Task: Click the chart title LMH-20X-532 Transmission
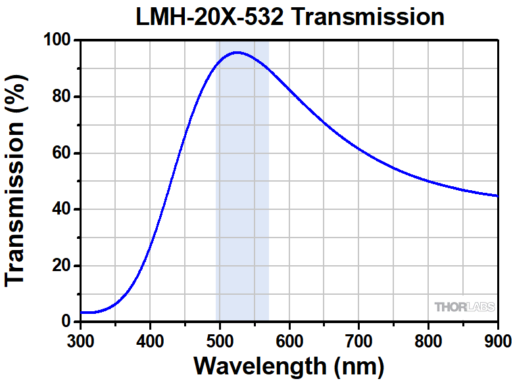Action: (x=289, y=16)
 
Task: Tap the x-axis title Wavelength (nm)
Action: (x=289, y=365)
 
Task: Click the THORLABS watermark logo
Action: (x=464, y=307)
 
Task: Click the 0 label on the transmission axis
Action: (x=66, y=322)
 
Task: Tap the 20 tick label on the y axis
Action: (x=61, y=266)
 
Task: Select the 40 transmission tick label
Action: (x=61, y=209)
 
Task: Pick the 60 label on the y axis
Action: (x=61, y=153)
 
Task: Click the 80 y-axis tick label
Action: (x=61, y=97)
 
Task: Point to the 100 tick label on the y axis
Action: (x=57, y=41)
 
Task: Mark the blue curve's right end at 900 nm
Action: (x=497, y=195)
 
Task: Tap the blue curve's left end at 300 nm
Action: (x=82, y=313)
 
